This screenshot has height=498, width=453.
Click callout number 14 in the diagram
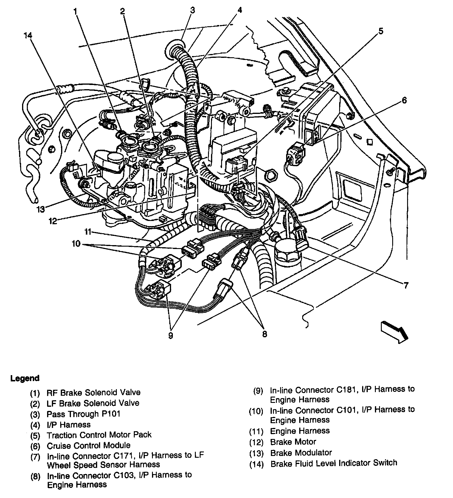(x=28, y=35)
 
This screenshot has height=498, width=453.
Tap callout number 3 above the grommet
(x=193, y=10)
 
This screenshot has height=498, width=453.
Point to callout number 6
(x=404, y=100)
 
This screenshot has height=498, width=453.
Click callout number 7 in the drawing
(x=406, y=285)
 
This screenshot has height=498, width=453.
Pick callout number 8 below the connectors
(x=265, y=334)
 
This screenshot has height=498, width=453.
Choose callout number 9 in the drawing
(x=170, y=335)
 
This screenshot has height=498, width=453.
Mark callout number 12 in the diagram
(x=53, y=221)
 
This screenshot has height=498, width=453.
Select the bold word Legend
(x=25, y=378)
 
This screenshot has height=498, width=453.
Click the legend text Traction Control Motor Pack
(x=99, y=435)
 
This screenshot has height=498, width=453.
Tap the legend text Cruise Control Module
(x=89, y=446)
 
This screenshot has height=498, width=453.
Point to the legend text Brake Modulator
(x=301, y=453)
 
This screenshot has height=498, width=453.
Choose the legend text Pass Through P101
(x=83, y=414)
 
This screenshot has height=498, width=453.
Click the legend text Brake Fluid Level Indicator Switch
(x=333, y=463)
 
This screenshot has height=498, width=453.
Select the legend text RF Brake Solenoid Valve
(x=93, y=392)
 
